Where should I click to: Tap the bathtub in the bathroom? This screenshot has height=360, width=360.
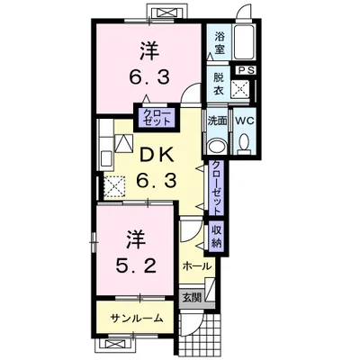coord(246,40)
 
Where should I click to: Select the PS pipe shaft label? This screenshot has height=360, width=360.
coord(247,70)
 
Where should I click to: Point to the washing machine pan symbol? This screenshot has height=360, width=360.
coord(240,88)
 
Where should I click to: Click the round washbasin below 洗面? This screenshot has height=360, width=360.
coord(216,146)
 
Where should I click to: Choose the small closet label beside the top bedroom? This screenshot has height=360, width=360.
coord(149,114)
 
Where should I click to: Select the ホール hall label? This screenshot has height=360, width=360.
coord(197,267)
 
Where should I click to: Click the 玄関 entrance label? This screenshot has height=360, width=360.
coord(191,296)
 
